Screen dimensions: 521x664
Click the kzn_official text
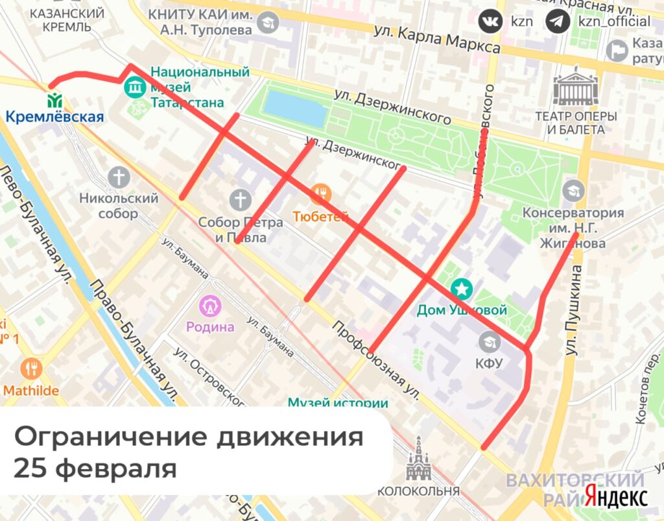pyautogui.click(x=610, y=21)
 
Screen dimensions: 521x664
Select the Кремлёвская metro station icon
pyautogui.click(x=54, y=101)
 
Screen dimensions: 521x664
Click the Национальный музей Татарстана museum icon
pyautogui.click(x=136, y=86)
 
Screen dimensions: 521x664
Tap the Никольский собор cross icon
pyautogui.click(x=119, y=176)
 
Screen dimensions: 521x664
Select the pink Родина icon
pyautogui.click(x=210, y=305)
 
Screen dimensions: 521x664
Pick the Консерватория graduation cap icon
pyautogui.click(x=573, y=191)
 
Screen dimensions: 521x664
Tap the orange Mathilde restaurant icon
pyautogui.click(x=30, y=369)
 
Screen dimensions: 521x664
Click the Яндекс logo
pyautogui.click(x=615, y=498)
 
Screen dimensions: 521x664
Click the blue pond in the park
pyautogui.click(x=295, y=107)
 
